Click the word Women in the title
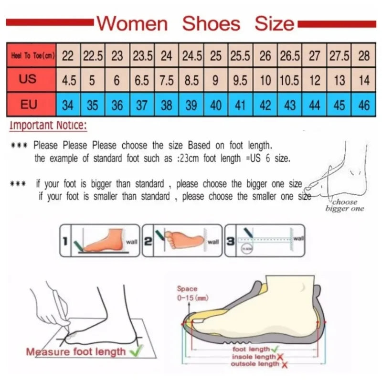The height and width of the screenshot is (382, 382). (x=132, y=23)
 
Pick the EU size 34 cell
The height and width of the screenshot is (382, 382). (x=68, y=105)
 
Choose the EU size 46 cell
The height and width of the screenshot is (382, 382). (x=364, y=105)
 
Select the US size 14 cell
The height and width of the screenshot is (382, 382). (x=364, y=80)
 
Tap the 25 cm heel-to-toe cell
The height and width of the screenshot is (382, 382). (x=216, y=56)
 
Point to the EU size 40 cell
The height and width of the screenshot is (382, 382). (x=216, y=105)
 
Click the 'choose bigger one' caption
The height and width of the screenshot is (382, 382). (x=344, y=205)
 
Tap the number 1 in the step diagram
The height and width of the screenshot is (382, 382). (x=64, y=241)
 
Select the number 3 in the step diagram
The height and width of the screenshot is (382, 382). (x=231, y=241)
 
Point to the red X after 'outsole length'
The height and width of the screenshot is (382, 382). (x=285, y=365)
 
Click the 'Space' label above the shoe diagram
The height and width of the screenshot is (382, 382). (x=187, y=289)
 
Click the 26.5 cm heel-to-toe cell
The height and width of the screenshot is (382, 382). (x=289, y=56)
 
